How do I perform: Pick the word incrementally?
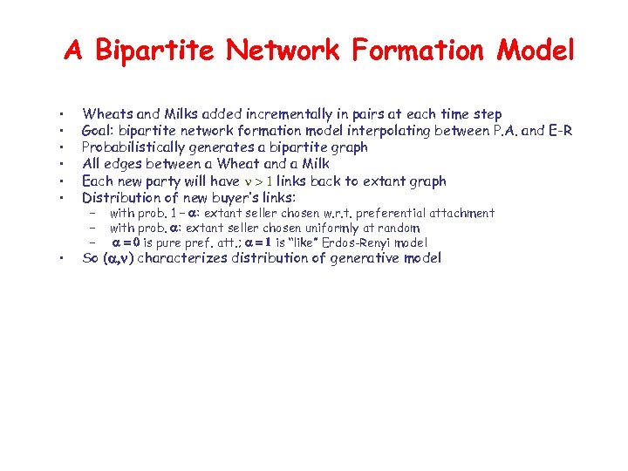[281, 113]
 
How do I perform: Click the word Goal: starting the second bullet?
[99, 131]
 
